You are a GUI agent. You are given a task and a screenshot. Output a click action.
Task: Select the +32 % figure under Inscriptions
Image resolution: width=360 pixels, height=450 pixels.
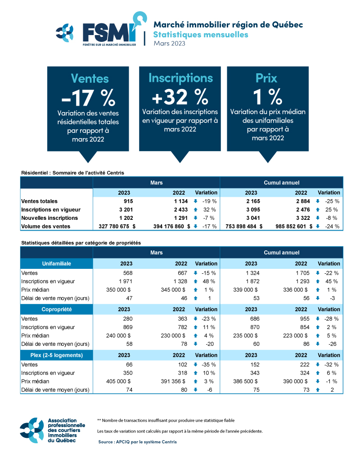coord(180,96)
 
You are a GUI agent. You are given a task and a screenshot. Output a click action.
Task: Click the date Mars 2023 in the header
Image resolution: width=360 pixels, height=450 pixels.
coord(169,44)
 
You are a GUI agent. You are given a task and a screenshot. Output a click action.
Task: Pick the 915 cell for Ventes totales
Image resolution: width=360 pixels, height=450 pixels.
coord(127,201)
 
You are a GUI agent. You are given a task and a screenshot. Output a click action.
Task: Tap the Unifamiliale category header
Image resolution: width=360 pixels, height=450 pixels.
coord(57,263)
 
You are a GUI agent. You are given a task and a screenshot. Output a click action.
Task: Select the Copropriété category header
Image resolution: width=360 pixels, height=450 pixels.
coord(57,309)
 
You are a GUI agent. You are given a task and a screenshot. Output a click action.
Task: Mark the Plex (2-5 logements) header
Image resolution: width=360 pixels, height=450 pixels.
coord(57,355)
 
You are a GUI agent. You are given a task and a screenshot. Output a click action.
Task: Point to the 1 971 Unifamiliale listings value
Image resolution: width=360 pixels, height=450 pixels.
coord(124,281)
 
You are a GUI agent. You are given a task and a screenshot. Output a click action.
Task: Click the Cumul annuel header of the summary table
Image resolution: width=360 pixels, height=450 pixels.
coord(281,183)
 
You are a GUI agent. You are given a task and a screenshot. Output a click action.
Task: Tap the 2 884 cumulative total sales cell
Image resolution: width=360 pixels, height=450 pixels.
coord(301,201)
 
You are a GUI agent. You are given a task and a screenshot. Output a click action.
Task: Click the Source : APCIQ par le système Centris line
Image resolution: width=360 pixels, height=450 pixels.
coord(137,442)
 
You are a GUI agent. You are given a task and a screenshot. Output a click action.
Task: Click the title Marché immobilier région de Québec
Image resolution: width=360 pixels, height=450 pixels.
coord(228,25)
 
